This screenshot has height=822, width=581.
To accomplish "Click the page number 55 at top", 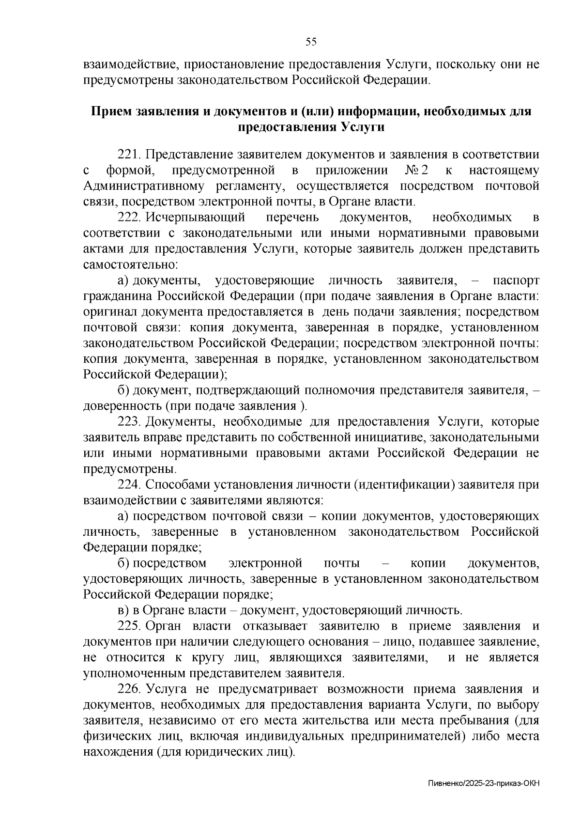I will [x=311, y=42].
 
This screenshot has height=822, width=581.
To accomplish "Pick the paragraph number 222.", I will [x=129, y=217].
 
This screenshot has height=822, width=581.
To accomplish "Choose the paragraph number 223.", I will [x=129, y=422].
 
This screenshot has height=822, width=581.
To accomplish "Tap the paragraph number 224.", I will [x=129, y=485].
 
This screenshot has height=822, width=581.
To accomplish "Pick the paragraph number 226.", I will [x=129, y=689].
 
